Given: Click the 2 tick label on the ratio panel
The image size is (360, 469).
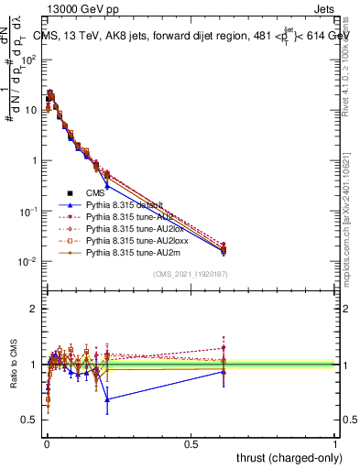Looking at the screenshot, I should (35, 309).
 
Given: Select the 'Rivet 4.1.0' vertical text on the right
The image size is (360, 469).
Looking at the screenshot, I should (350, 64).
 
